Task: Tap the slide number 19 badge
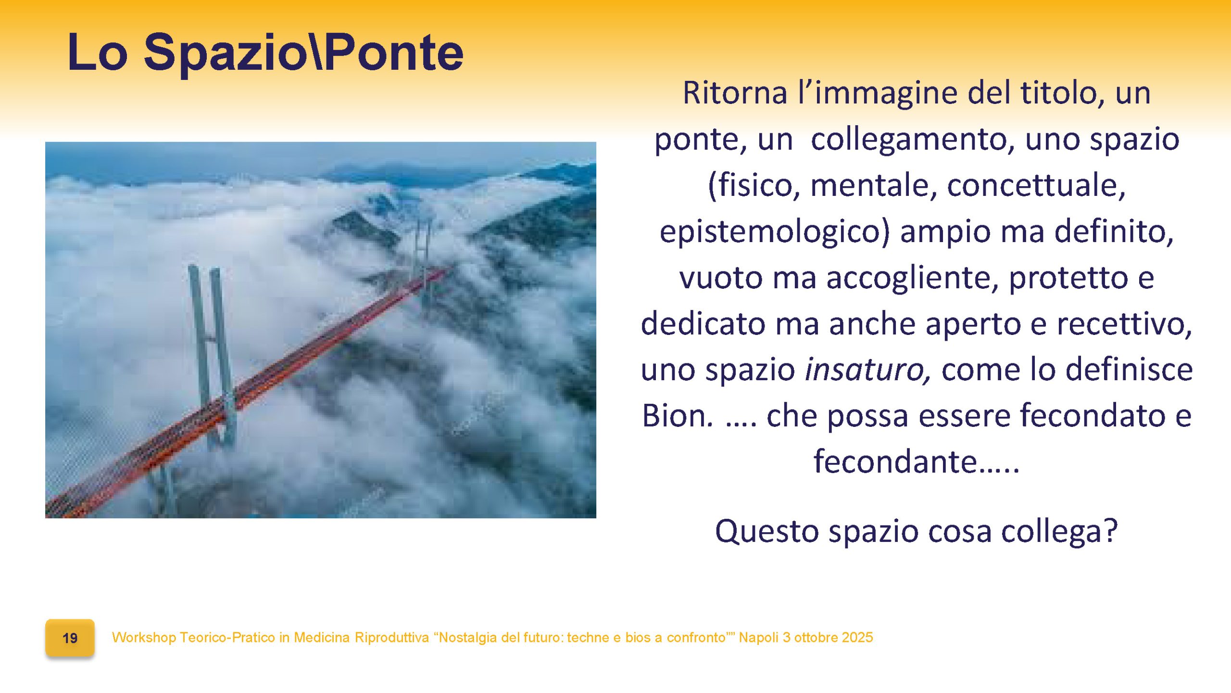click(70, 638)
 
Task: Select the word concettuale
click(1036, 186)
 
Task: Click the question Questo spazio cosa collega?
click(916, 531)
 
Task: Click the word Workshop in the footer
click(144, 638)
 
